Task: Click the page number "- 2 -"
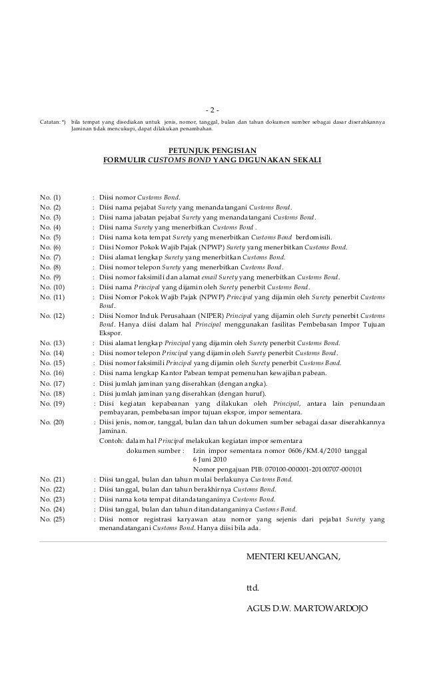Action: click(x=212, y=109)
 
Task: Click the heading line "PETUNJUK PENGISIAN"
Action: click(x=212, y=150)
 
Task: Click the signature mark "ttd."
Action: click(x=252, y=588)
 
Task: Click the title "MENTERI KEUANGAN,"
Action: click(x=293, y=555)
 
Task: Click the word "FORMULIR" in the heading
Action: click(x=124, y=160)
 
